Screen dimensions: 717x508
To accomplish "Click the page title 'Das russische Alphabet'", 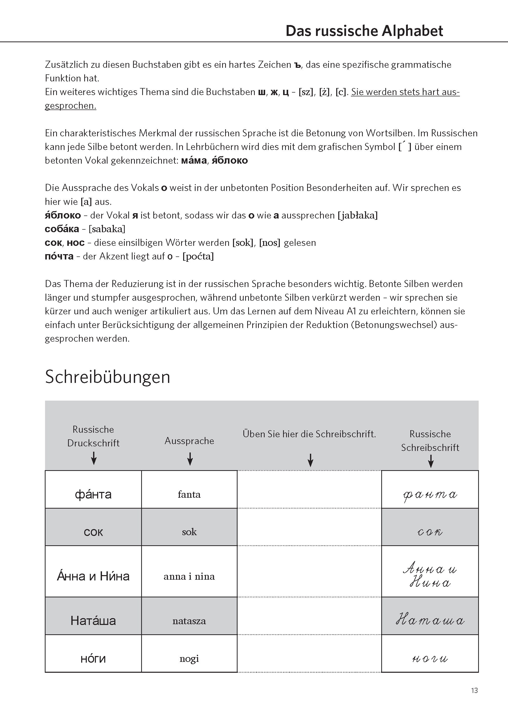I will tap(364, 31).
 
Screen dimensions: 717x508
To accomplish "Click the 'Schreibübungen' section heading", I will tap(108, 377).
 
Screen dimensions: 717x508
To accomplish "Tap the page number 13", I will tap(474, 690).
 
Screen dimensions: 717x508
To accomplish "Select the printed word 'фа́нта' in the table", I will tap(93, 494).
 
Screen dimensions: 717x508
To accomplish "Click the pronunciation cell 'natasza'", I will tap(189, 621).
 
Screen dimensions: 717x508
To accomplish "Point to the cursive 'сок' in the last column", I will tap(430, 532).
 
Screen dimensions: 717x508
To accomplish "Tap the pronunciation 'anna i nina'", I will tap(189, 576).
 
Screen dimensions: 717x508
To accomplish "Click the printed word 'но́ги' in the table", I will tap(93, 659).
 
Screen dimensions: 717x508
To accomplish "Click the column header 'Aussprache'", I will tap(189, 441).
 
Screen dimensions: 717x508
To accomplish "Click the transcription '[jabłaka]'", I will tap(357, 215).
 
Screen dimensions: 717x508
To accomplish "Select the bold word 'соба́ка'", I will tap(62, 229).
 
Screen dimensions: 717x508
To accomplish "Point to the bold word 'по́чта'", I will tap(59, 256).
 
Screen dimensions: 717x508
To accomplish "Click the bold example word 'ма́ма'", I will tap(194, 160).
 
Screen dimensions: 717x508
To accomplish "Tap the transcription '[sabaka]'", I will tap(107, 229).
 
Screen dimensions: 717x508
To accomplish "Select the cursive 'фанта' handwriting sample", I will tap(430, 495).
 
